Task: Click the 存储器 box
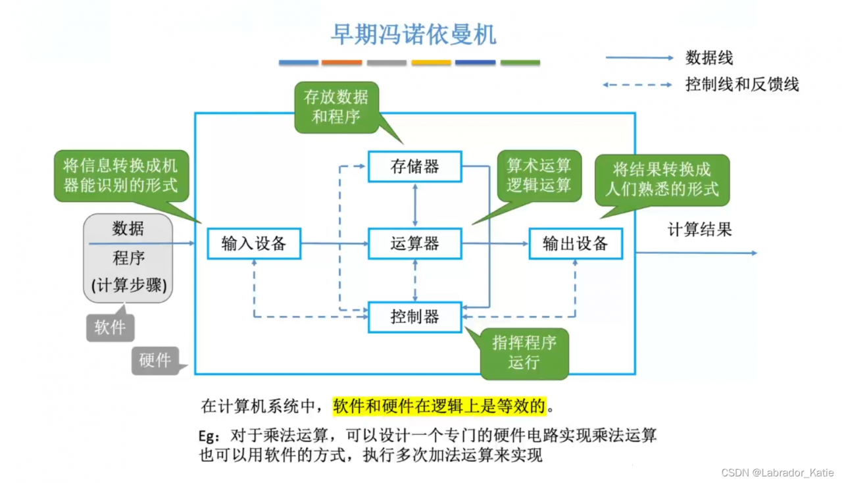point(414,166)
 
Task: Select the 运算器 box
point(414,244)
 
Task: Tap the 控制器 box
point(414,317)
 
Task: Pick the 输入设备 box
point(254,244)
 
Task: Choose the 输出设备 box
point(576,244)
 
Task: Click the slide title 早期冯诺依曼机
point(412,35)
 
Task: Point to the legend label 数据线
point(708,58)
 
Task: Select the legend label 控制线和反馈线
point(741,85)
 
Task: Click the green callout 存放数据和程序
point(336,107)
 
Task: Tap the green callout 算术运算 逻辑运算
point(539,174)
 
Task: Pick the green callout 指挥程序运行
point(524,353)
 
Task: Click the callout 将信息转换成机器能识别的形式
point(120,174)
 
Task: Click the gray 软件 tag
point(110,327)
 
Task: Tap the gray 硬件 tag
point(155,360)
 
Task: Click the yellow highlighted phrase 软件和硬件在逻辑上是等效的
point(439,406)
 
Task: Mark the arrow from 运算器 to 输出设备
point(495,244)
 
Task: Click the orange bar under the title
point(341,63)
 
